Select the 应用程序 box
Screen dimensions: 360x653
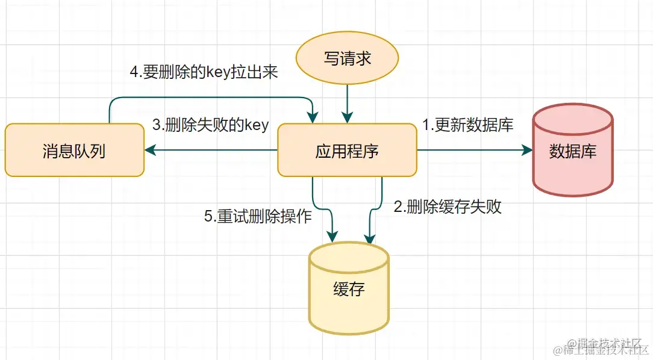(x=347, y=151)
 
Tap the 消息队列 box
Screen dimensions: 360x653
(x=74, y=151)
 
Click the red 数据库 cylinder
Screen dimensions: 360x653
(x=572, y=151)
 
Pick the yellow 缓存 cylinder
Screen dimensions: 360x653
(x=349, y=289)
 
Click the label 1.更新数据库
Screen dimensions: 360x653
(x=467, y=125)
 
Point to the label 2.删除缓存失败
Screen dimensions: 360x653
(x=447, y=207)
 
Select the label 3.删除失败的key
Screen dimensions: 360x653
(x=210, y=125)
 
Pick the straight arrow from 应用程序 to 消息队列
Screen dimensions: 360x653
(x=211, y=151)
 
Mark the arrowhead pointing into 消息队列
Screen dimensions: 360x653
(x=149, y=151)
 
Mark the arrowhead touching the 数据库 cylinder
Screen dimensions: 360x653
(x=528, y=151)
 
